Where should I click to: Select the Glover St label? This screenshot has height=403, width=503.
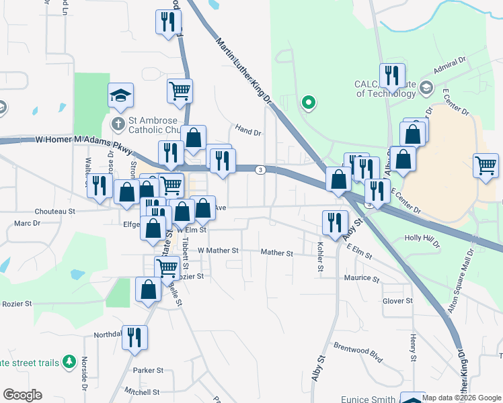point(397,301)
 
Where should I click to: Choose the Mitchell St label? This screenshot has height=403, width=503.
point(141,392)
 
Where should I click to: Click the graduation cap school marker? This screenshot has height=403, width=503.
point(120,95)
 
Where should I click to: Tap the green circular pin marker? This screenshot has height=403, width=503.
point(309,103)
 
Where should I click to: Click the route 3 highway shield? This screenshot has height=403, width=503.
point(260,169)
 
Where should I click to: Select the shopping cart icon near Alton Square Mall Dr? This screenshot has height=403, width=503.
point(486,165)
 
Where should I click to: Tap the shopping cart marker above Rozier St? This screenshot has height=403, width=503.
point(167,267)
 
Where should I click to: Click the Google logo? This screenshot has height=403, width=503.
point(22,395)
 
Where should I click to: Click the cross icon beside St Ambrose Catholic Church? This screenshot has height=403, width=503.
point(118,124)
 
